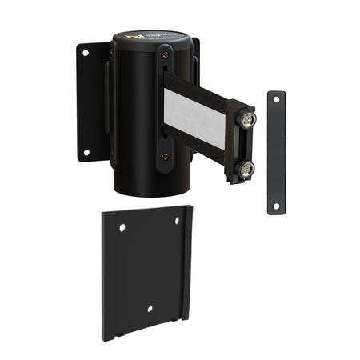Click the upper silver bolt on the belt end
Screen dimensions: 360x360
[x=248, y=120]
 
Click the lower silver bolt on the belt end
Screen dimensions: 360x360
[x=247, y=168]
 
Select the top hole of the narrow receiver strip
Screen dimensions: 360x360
[x=276, y=99]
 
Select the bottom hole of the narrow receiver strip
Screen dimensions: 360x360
[x=276, y=206]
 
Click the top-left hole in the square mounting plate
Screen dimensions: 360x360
[x=122, y=229]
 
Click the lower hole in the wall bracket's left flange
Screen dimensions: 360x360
[x=86, y=152]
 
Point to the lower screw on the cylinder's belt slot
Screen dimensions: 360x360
[x=164, y=157]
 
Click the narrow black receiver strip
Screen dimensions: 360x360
[x=276, y=152]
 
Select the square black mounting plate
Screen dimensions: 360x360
[x=144, y=272]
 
